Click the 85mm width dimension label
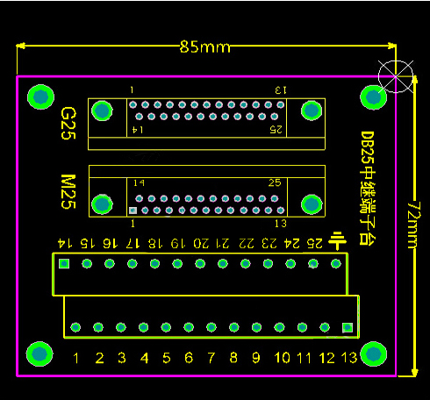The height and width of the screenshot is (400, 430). click(205, 46)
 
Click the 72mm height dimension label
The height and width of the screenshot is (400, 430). click(414, 225)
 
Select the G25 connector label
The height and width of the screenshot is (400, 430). click(68, 124)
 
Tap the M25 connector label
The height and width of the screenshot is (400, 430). click(68, 192)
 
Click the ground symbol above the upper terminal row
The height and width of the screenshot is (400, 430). click(337, 240)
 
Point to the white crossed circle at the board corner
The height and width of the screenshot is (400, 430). click(396, 76)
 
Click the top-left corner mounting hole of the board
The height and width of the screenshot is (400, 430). click(40, 96)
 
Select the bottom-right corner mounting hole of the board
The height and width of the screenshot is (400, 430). click(374, 354)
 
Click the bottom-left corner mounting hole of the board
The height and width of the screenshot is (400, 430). click(39, 354)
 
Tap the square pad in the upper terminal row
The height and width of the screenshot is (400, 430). click(64, 264)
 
